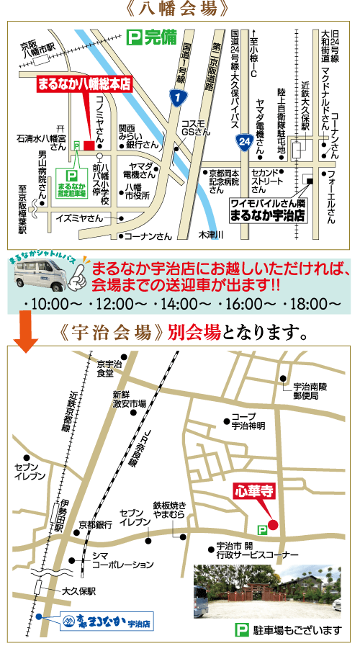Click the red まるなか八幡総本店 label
click(x=85, y=84)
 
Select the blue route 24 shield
click(x=245, y=144)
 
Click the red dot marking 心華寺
click(x=273, y=524)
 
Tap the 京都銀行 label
click(x=94, y=524)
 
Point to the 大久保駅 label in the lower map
click(x=79, y=591)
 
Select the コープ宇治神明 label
click(x=249, y=421)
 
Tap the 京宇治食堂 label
click(x=105, y=369)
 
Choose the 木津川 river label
click(x=212, y=235)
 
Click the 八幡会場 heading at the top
click(x=179, y=9)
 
